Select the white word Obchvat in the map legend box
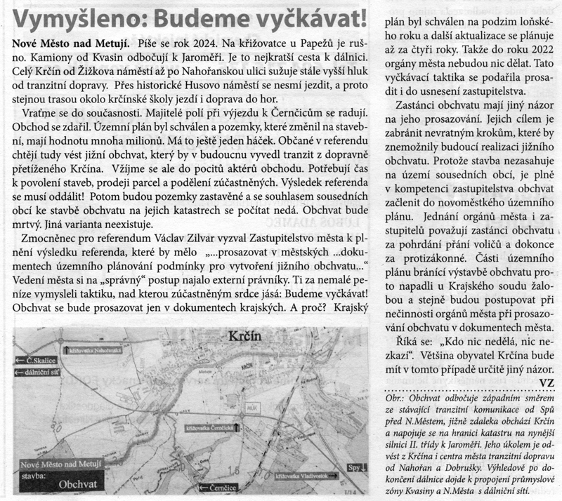pos(77,483)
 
